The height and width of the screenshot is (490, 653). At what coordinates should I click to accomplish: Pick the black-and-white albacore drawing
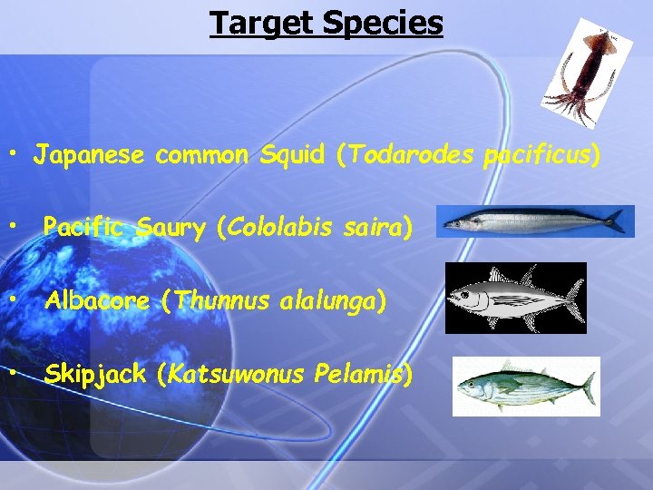tap(515, 299)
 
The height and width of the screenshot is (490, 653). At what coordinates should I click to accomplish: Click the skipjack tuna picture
tap(526, 387)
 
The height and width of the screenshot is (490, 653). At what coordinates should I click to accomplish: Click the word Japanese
tap(89, 155)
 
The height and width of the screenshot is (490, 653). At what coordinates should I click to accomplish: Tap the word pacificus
tap(539, 155)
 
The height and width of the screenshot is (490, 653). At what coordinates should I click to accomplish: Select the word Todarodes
tap(407, 155)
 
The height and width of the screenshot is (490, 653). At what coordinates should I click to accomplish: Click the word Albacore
tap(97, 300)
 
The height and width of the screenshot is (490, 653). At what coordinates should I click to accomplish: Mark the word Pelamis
tap(368, 373)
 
